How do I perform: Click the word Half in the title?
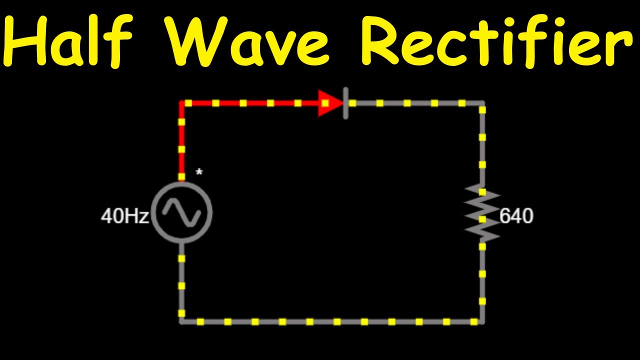(68, 40)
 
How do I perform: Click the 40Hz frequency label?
(125, 216)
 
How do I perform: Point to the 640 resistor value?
(516, 215)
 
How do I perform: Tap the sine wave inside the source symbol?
(181, 212)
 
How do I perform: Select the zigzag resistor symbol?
(482, 213)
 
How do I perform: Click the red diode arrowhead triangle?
(330, 103)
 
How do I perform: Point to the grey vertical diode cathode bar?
(345, 103)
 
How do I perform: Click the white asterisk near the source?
(199, 172)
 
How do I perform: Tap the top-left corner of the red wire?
(181, 103)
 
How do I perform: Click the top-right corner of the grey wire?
(482, 103)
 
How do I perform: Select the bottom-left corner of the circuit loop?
(181, 321)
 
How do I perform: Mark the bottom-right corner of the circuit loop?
(482, 321)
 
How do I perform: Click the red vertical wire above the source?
(181, 141)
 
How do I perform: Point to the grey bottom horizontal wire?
(332, 321)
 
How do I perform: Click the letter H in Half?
(24, 40)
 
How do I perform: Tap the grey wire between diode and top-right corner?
(415, 103)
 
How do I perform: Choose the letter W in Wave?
(196, 41)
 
